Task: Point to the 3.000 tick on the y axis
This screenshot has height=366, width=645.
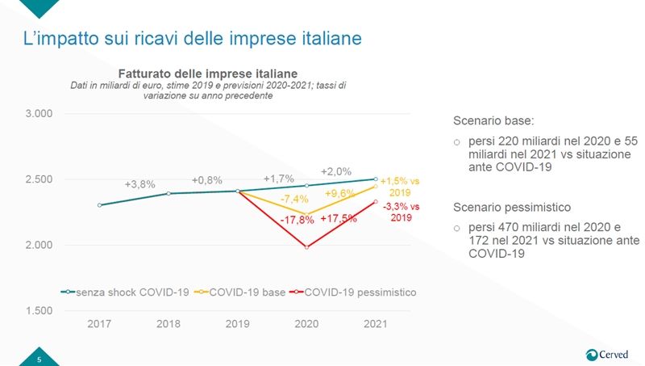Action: coord(38,114)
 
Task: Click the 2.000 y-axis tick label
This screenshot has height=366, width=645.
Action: coord(38,245)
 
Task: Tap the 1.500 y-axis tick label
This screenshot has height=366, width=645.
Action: coord(38,311)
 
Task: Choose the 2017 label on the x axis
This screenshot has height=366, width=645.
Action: coord(99,323)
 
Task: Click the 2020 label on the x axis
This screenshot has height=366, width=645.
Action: coord(306,323)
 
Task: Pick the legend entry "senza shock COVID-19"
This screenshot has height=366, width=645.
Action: coord(125,292)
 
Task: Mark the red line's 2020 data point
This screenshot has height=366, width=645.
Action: coord(306,247)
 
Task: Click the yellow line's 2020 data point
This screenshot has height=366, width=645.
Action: coord(306,214)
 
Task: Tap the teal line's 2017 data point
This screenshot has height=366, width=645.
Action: coord(99,205)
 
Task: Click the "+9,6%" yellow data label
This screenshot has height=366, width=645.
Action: coord(339,194)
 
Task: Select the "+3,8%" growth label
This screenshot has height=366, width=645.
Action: coord(139,184)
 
